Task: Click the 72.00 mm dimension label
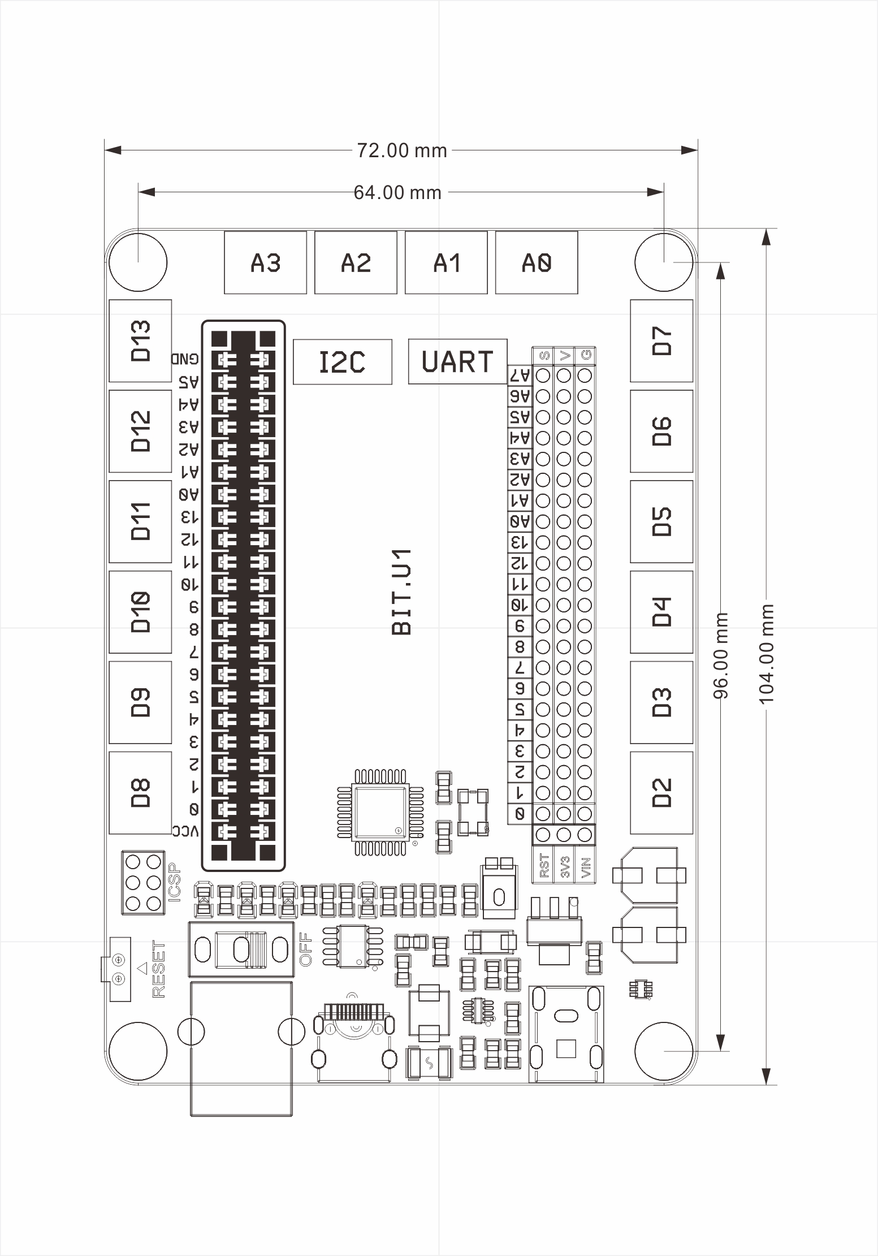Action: click(401, 150)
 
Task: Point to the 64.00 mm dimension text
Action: click(397, 193)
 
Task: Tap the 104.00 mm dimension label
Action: click(767, 654)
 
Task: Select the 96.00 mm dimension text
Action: click(721, 655)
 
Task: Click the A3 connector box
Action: click(265, 262)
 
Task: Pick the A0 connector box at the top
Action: click(537, 262)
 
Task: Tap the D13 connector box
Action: click(140, 340)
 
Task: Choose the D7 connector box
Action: click(661, 340)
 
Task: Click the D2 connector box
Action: click(661, 792)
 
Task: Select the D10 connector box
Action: click(140, 612)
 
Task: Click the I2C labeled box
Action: click(342, 362)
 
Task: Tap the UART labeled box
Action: click(457, 361)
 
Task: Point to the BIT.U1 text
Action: click(401, 592)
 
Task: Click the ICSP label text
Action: click(175, 882)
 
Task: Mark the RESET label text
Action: click(159, 969)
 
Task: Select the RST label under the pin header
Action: click(544, 866)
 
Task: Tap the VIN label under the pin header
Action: click(585, 866)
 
